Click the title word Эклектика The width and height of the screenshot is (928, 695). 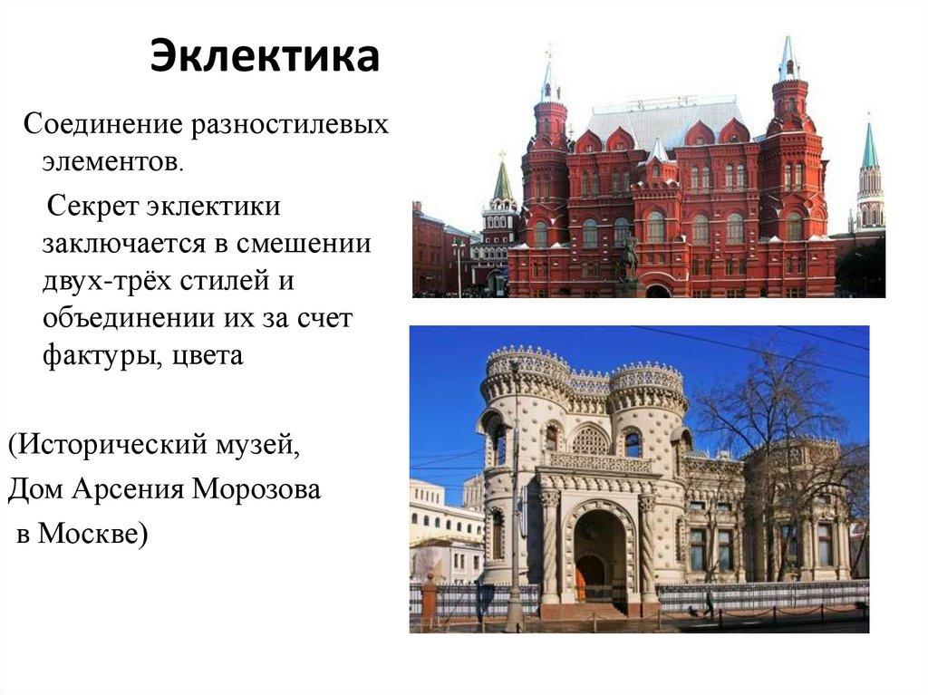[x=264, y=56]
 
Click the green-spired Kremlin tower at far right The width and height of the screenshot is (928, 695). [x=870, y=181]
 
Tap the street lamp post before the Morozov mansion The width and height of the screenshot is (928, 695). [x=515, y=507]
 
